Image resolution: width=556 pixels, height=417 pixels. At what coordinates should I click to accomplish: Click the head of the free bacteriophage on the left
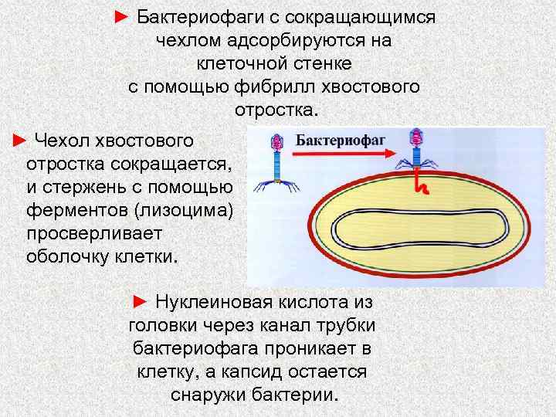pyautogui.click(x=276, y=142)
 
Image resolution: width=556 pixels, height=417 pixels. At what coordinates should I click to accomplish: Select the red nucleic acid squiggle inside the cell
pyautogui.click(x=420, y=184)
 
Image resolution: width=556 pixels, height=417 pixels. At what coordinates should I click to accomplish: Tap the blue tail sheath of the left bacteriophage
pyautogui.click(x=276, y=164)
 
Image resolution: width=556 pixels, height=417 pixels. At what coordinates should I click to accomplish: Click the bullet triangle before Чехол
pyautogui.click(x=21, y=141)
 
